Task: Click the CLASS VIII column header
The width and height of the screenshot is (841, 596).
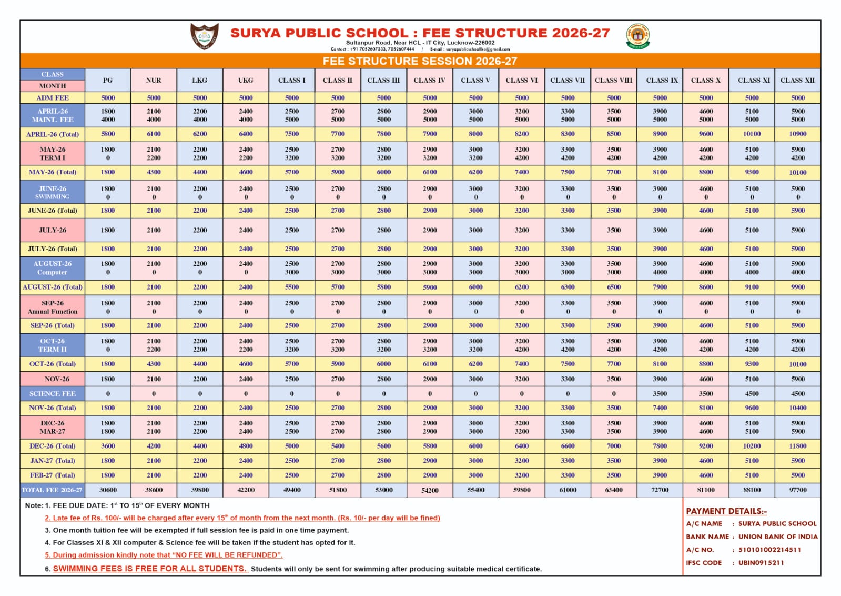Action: coord(613,80)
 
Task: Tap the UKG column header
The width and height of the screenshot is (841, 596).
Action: coord(246,80)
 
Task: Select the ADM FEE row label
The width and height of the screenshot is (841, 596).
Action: coord(53,97)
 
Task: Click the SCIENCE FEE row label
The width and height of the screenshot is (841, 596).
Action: coord(53,393)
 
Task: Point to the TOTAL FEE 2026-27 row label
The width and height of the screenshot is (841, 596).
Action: coord(52,490)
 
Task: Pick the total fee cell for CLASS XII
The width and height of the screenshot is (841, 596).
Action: coord(797,490)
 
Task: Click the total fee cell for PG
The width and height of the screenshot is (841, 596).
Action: coord(108,490)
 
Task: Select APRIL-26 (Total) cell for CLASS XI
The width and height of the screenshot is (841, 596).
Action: coord(752,134)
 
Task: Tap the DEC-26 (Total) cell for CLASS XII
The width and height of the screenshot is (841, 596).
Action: coord(797,446)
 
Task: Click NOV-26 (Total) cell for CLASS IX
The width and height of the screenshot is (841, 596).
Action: coord(660,408)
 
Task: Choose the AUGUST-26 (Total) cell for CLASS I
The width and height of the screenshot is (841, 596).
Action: coord(292,287)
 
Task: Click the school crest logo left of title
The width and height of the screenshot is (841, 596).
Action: coord(204,36)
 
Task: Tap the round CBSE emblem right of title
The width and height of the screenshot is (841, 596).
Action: coord(637,36)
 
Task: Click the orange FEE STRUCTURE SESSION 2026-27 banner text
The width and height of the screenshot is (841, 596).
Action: coord(420,61)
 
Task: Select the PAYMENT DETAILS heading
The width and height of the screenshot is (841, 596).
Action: coord(726,511)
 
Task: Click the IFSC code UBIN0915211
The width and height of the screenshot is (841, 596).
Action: coord(761,563)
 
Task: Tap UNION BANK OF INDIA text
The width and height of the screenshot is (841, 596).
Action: coord(778,537)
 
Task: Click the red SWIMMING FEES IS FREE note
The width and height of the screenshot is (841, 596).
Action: coord(149,569)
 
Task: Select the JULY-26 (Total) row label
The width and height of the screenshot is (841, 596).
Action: coord(53,249)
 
